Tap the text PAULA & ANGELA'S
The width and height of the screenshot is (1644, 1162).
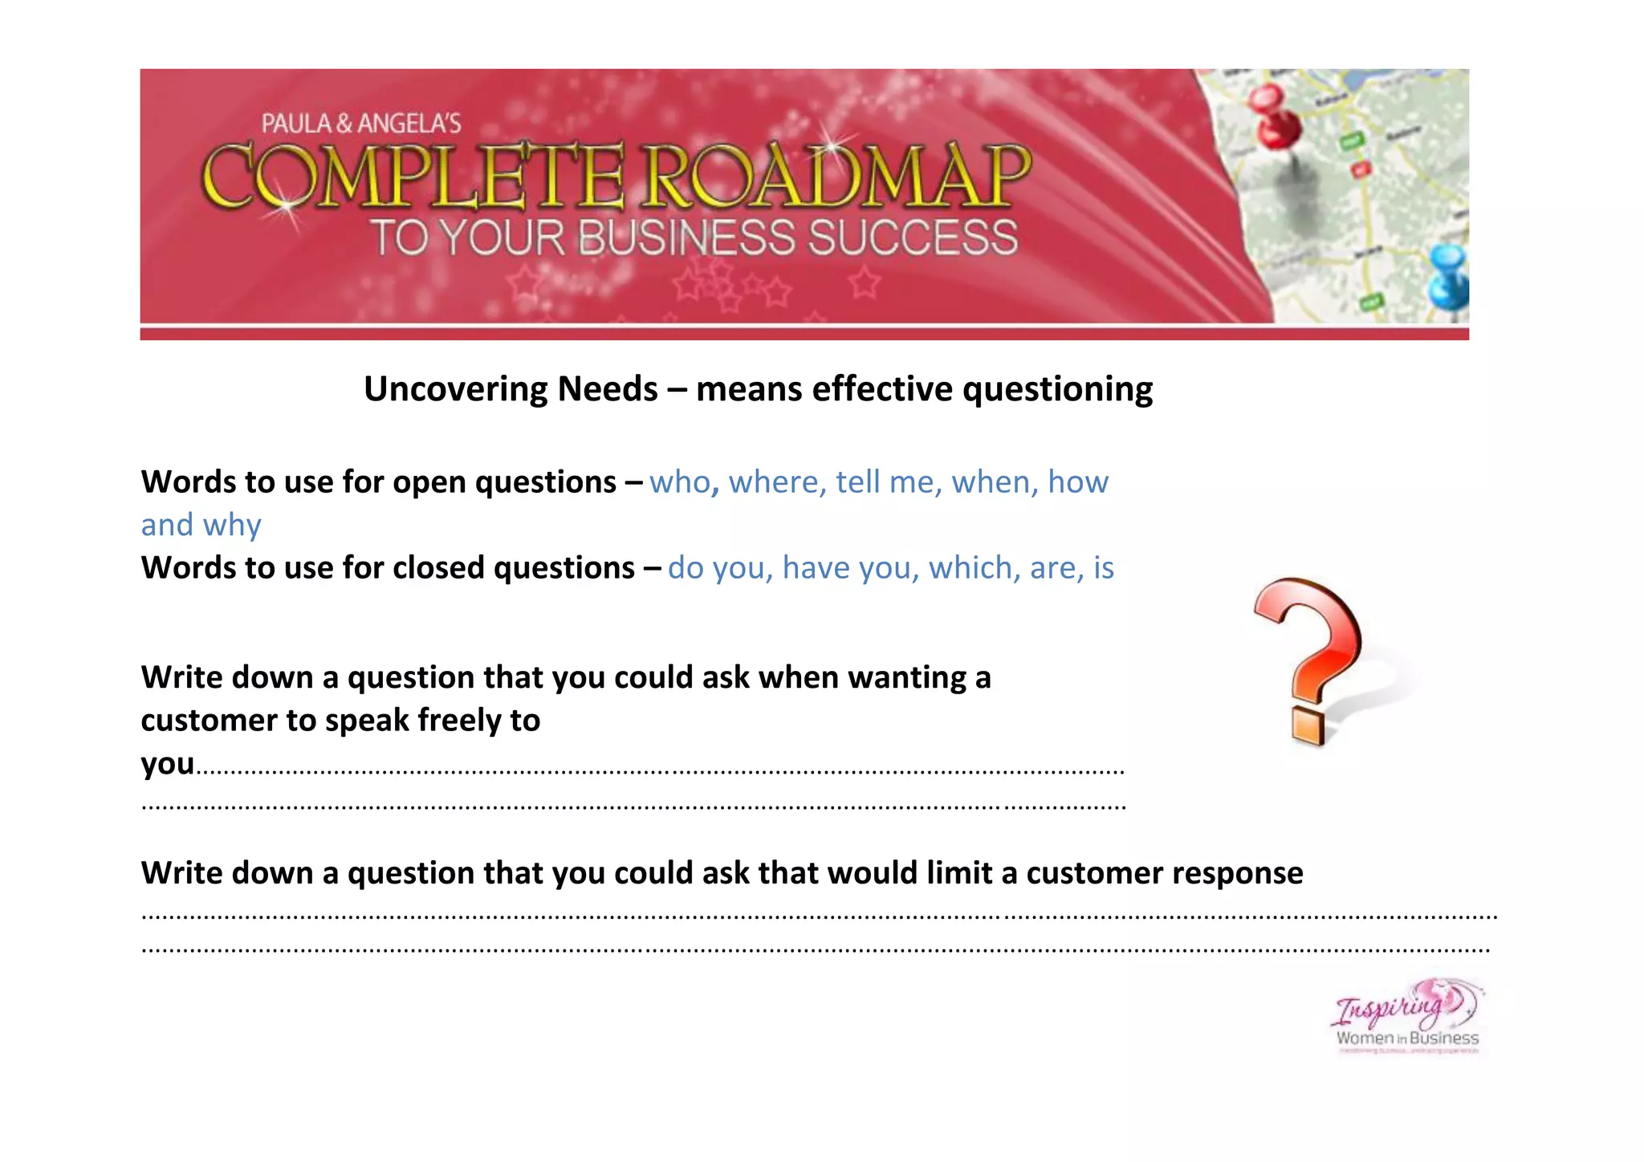361,124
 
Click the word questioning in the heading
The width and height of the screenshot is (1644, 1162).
1057,389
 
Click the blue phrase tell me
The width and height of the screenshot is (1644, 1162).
884,482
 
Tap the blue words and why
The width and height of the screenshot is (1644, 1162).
201,525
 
